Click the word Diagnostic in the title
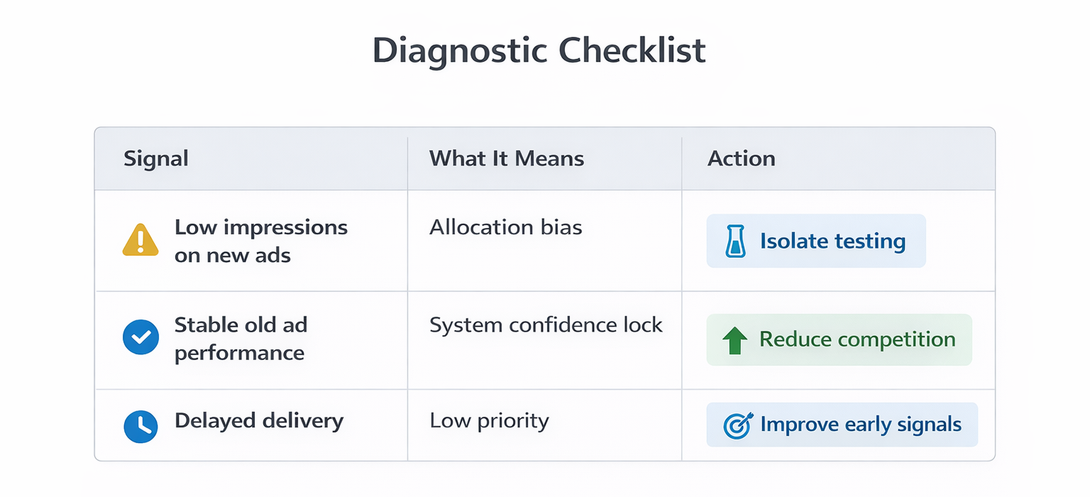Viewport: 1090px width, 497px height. pyautogui.click(x=460, y=51)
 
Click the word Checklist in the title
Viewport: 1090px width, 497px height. pyautogui.click(x=632, y=51)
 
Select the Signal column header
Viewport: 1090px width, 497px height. pyautogui.click(x=156, y=158)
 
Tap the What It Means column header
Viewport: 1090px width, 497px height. pyautogui.click(x=507, y=158)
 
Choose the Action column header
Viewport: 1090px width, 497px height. pyautogui.click(x=741, y=158)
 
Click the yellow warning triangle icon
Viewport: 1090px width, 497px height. pyautogui.click(x=141, y=240)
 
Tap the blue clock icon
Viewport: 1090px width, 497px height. pyautogui.click(x=141, y=425)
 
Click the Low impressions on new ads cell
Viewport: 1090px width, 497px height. pyautogui.click(x=260, y=241)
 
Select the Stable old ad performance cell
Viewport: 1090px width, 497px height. pyautogui.click(x=241, y=339)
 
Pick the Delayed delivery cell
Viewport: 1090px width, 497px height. pyautogui.click(x=258, y=420)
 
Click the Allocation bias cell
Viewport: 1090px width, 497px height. pyautogui.click(x=505, y=227)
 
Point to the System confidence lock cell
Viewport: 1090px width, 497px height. pyautogui.click(x=546, y=325)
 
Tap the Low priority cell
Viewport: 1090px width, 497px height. pyautogui.click(x=489, y=420)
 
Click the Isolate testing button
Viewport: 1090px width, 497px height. pyautogui.click(x=816, y=241)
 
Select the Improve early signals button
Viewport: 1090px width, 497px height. pyautogui.click(x=842, y=425)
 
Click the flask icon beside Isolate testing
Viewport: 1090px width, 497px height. pyautogui.click(x=735, y=241)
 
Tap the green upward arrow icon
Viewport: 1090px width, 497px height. pyautogui.click(x=734, y=340)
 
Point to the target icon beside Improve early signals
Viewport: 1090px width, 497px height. pyautogui.click(x=737, y=425)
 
